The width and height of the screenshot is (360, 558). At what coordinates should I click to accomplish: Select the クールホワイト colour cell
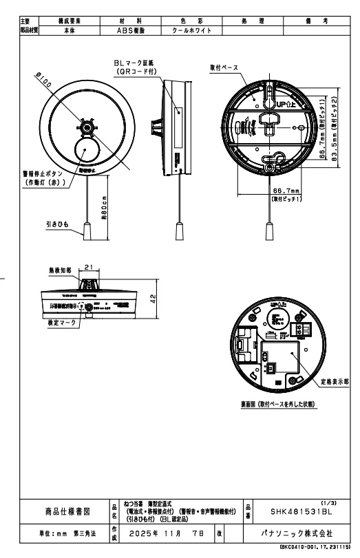pyautogui.click(x=187, y=31)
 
